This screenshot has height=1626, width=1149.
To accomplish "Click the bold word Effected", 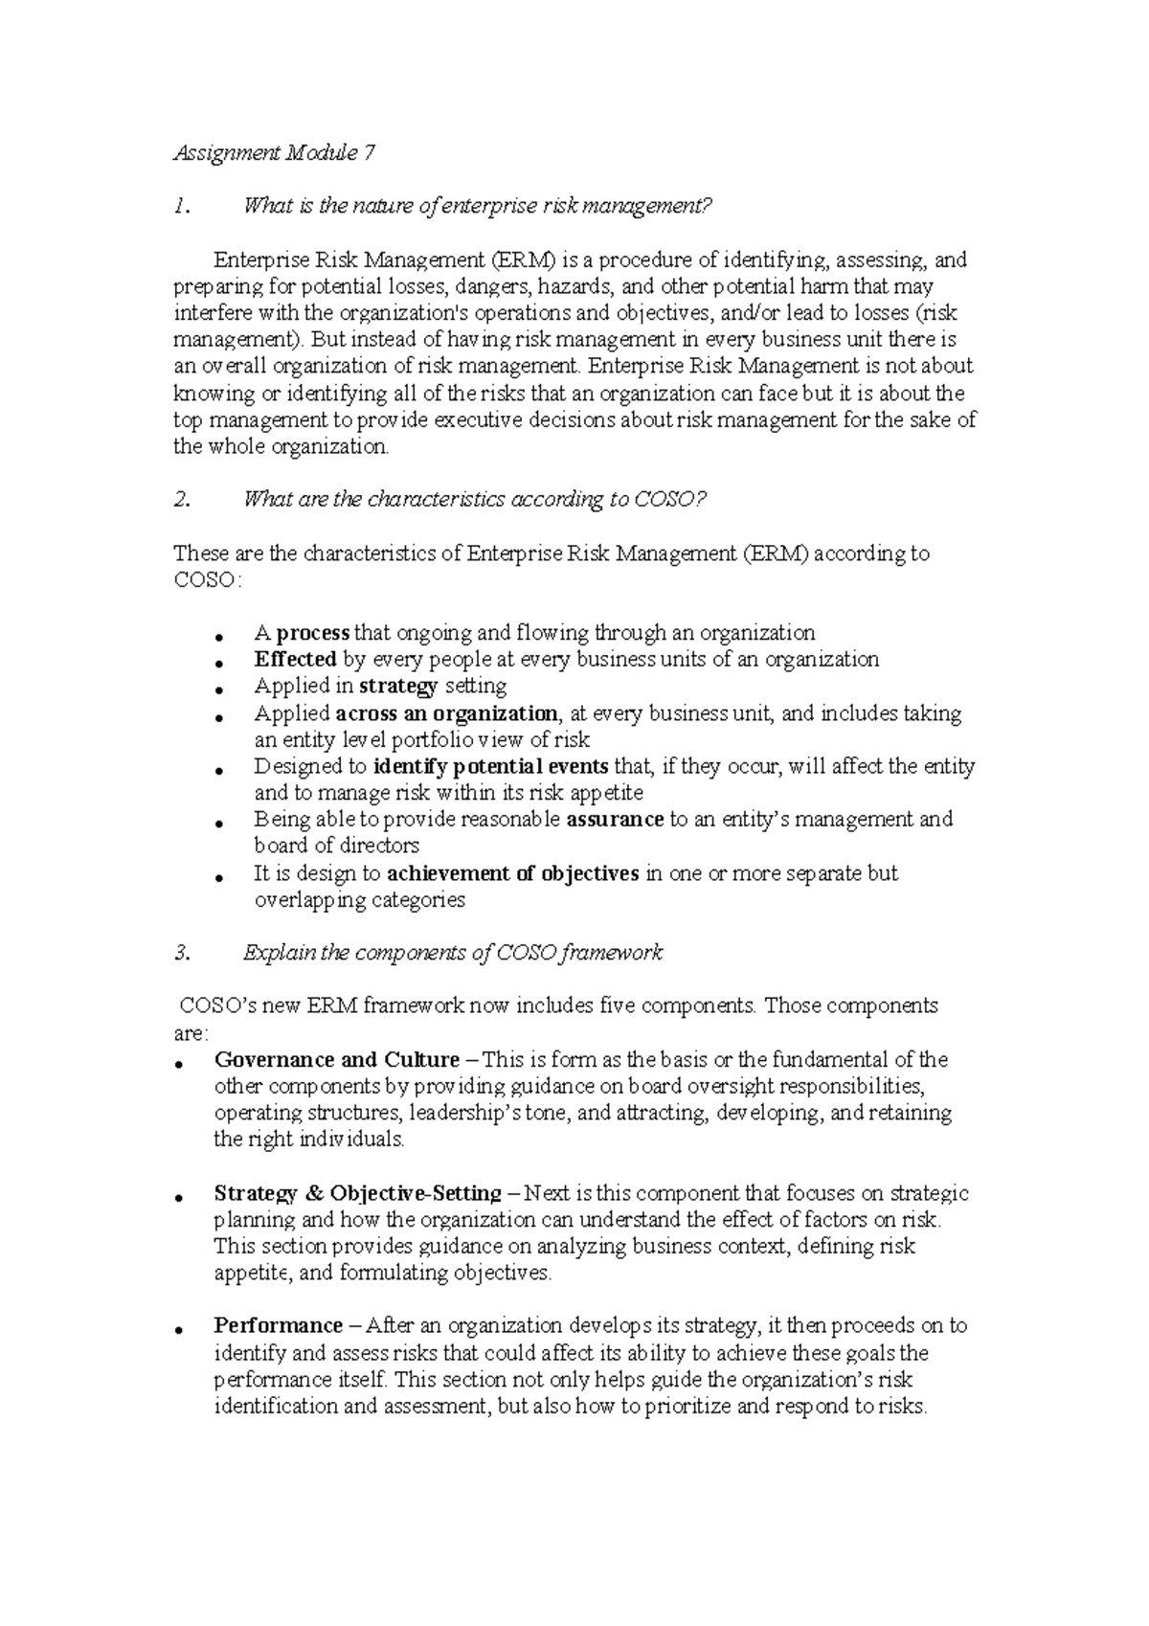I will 295,660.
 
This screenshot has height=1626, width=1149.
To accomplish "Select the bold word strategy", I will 399,687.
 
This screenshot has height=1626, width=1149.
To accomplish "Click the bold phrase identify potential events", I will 491,767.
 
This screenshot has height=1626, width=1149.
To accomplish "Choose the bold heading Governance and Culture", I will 337,1060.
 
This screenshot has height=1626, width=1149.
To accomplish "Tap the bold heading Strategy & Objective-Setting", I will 357,1194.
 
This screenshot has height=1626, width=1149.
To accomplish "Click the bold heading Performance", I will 278,1326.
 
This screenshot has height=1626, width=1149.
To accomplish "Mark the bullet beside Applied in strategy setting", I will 220,690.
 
